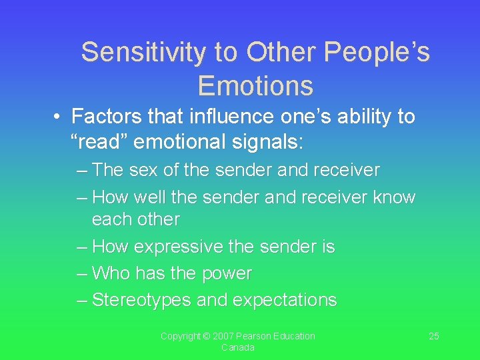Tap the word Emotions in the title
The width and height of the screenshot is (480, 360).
pos(255,86)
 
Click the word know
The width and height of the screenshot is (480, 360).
pos(394,198)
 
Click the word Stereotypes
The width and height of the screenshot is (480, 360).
pos(141,301)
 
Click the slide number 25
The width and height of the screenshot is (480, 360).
pos(433,336)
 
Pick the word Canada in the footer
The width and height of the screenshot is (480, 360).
pos(237,348)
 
